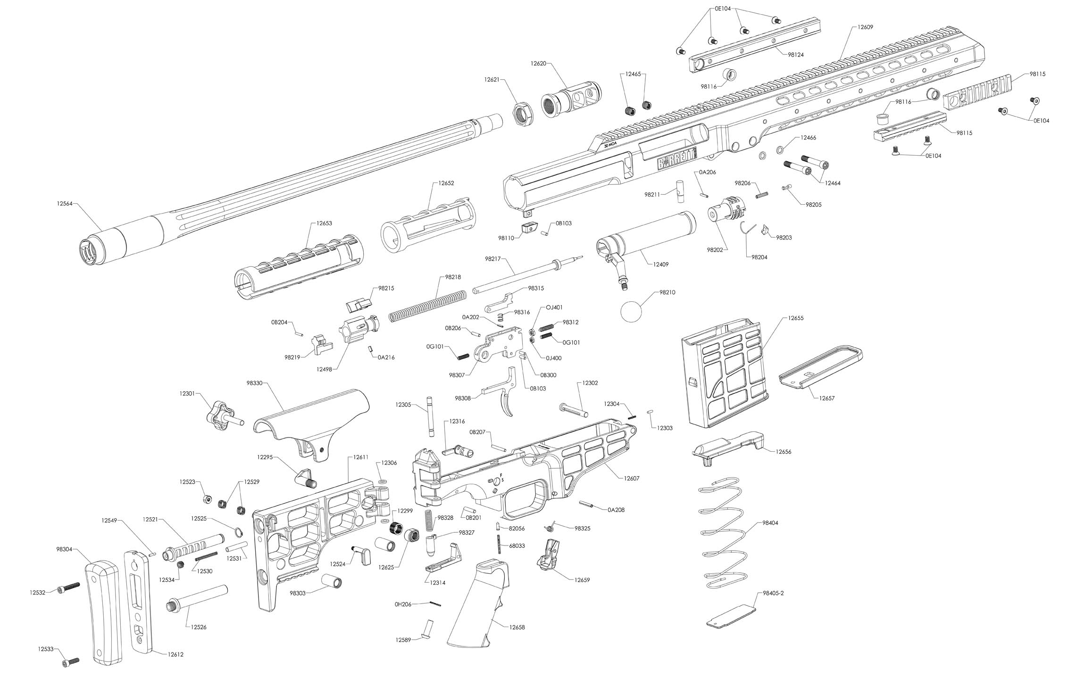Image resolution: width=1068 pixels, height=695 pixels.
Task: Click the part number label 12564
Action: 65,204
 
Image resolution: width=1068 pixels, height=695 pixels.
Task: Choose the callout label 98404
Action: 770,523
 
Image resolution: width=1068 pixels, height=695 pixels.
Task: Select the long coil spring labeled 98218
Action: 427,307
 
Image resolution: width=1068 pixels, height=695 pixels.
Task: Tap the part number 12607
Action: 632,479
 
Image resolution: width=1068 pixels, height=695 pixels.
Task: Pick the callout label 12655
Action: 796,318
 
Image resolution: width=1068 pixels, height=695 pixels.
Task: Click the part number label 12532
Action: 38,593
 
